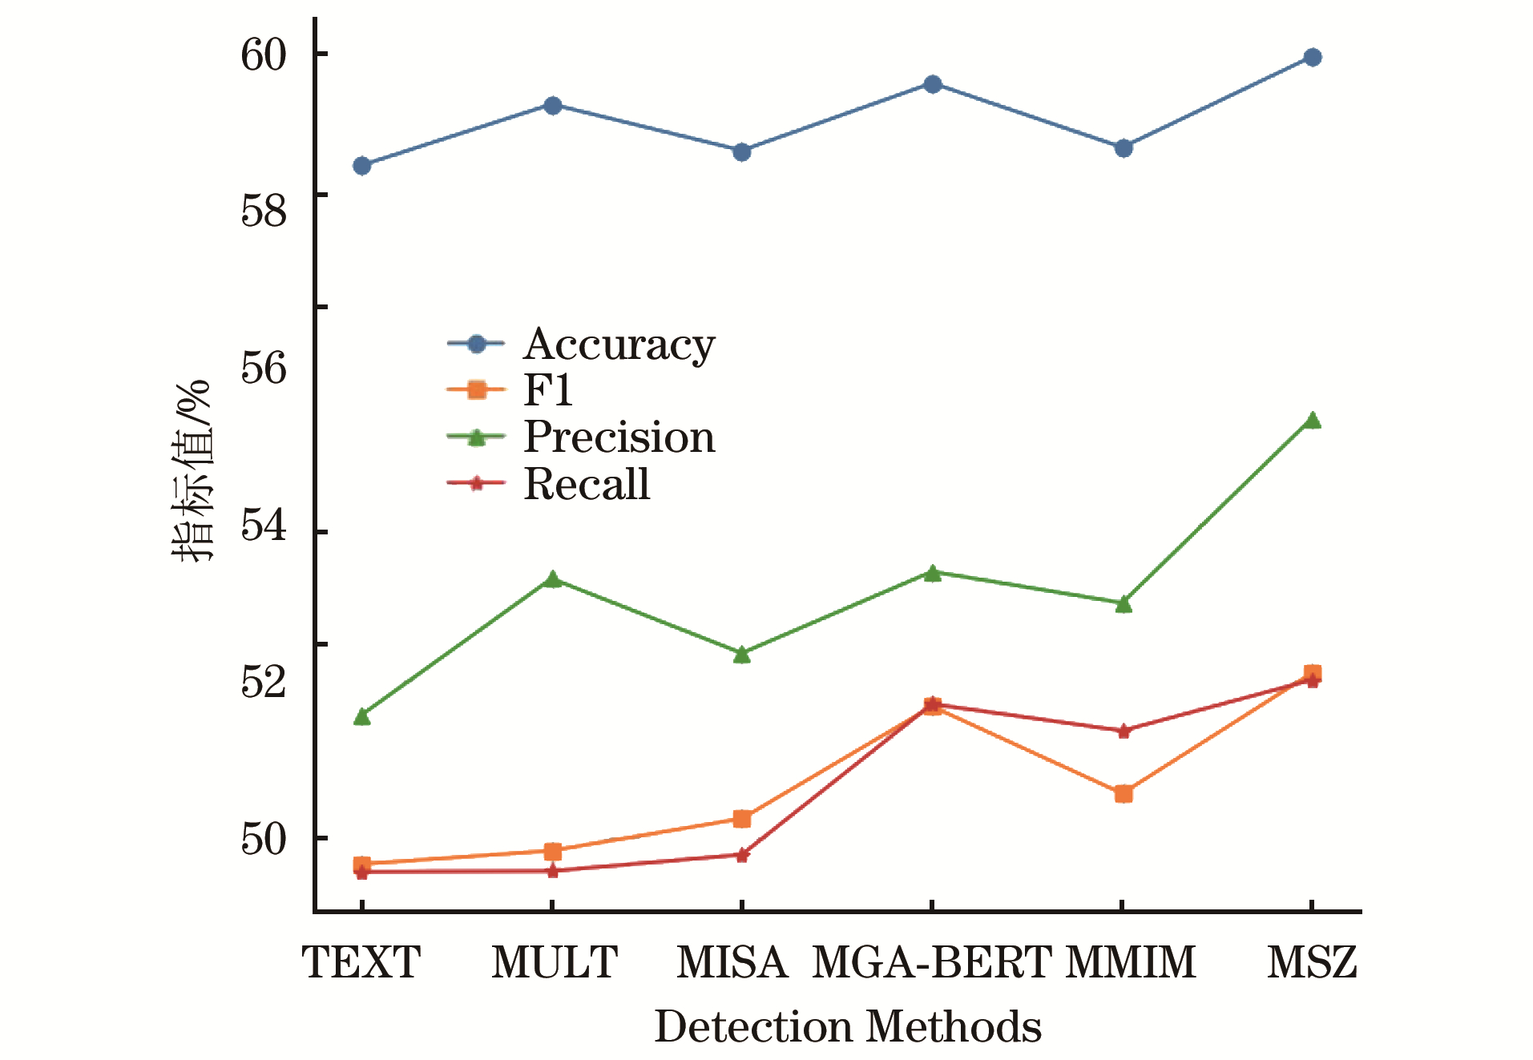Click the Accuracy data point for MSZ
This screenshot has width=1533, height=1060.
[x=1312, y=57]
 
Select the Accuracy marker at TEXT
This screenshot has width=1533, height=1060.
[x=362, y=166]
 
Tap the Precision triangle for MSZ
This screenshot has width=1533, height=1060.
[x=1312, y=421]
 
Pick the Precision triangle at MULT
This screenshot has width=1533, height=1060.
[x=552, y=579]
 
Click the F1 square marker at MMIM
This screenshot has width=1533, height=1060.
[x=1123, y=794]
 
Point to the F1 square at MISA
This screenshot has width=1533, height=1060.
[x=742, y=819]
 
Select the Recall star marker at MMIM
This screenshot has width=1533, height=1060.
[x=1123, y=731]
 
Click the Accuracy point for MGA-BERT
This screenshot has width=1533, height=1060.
[x=932, y=84]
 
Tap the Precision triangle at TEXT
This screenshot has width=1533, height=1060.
[x=362, y=715]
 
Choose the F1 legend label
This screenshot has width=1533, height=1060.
[x=548, y=390]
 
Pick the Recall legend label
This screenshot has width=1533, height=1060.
[x=587, y=484]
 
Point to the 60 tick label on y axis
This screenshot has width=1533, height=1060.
[x=264, y=54]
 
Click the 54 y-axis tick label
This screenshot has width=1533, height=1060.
[x=264, y=526]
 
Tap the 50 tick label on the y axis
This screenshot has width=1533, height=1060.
[x=264, y=839]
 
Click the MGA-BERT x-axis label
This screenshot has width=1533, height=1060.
[x=931, y=962]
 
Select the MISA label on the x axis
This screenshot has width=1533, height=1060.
[x=732, y=962]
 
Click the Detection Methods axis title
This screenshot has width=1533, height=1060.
[x=848, y=1026]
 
